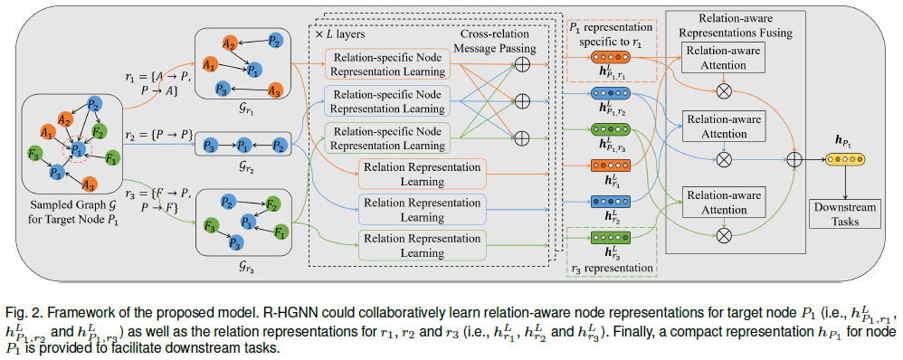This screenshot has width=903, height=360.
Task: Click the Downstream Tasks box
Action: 842,213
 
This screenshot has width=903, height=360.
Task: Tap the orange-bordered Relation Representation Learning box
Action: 423,174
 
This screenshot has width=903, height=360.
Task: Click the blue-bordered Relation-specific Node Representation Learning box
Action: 385,101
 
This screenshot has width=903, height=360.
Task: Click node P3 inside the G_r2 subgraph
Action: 210,144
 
